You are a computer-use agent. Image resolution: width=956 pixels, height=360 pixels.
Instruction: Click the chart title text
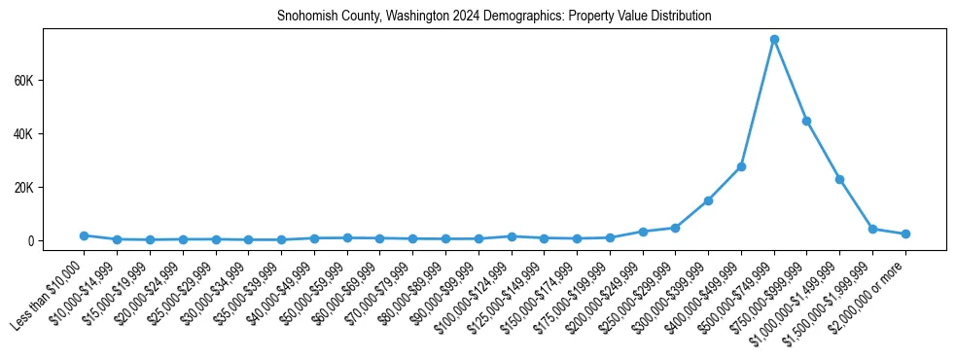(494, 17)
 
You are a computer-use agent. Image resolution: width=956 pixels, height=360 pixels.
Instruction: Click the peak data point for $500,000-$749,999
(774, 39)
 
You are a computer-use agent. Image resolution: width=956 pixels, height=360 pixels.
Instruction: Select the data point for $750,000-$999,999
(806, 121)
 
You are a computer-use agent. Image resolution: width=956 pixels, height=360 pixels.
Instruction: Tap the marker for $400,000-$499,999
(741, 166)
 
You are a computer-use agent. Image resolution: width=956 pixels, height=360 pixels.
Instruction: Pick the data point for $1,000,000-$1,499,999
(839, 179)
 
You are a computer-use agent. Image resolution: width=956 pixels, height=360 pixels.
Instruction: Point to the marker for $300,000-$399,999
(708, 200)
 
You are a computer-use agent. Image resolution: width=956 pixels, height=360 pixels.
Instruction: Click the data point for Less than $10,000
(84, 235)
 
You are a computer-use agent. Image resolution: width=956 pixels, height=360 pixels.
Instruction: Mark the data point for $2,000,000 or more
(905, 234)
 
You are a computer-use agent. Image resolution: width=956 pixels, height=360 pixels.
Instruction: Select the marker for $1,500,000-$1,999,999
(872, 229)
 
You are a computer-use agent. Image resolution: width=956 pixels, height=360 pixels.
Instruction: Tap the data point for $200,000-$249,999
(643, 232)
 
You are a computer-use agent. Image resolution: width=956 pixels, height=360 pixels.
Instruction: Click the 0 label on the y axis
(30, 240)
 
